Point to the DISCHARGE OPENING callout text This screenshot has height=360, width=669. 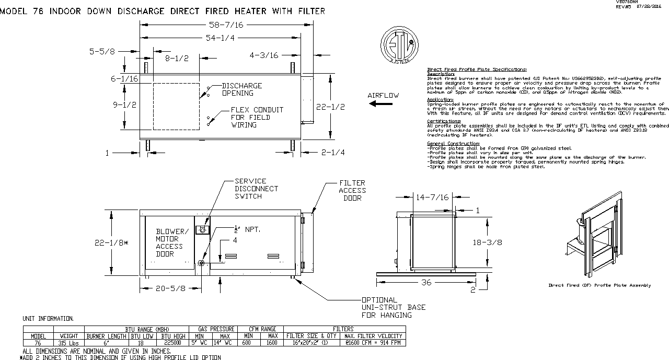241,89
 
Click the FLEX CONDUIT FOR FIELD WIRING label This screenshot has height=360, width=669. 257,117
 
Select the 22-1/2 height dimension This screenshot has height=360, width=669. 331,107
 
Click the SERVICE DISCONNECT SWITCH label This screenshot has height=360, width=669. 256,188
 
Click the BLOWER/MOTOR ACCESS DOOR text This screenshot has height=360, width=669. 170,242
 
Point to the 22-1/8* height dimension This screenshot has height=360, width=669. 111,242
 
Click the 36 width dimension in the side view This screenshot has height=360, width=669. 427,282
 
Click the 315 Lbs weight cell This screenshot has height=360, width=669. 68,343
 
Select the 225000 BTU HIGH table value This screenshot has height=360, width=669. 172,343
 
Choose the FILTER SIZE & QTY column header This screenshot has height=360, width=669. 311,336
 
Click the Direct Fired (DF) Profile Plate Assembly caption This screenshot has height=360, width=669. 599,285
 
